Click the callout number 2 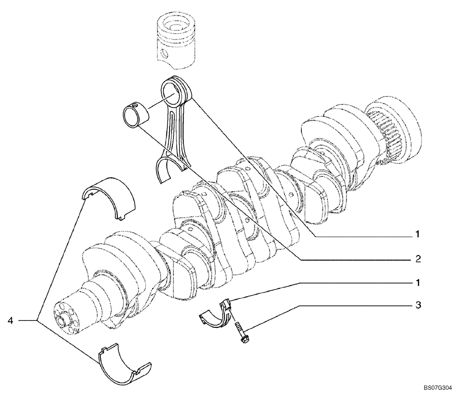[418, 259]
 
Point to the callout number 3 [418, 305]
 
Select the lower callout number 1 [418, 281]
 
